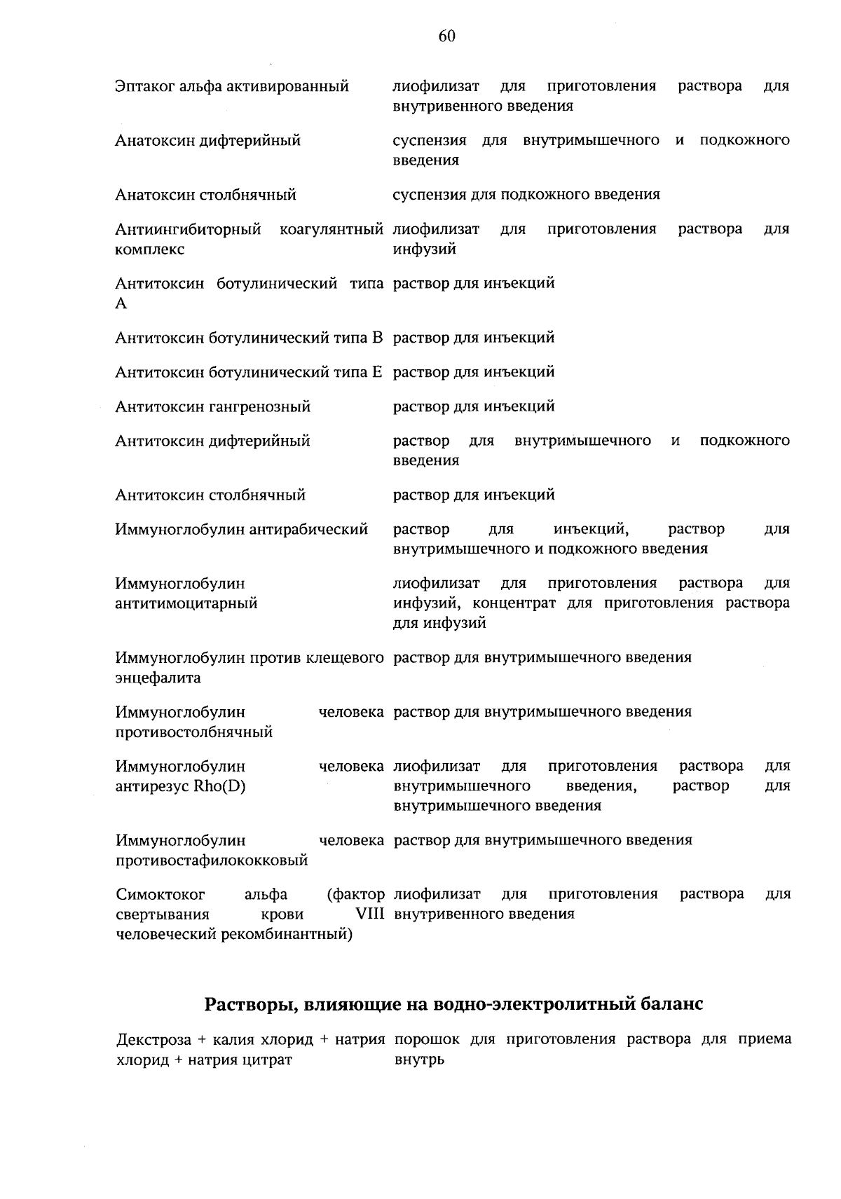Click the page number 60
pyautogui.click(x=447, y=36)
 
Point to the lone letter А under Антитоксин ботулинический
pyautogui.click(x=121, y=303)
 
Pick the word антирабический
pyautogui.click(x=309, y=530)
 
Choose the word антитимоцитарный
pyautogui.click(x=186, y=603)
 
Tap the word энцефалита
pyautogui.click(x=158, y=678)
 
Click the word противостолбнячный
pyautogui.click(x=194, y=732)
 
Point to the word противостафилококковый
pyautogui.click(x=212, y=860)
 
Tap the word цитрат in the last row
pyautogui.click(x=268, y=1060)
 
